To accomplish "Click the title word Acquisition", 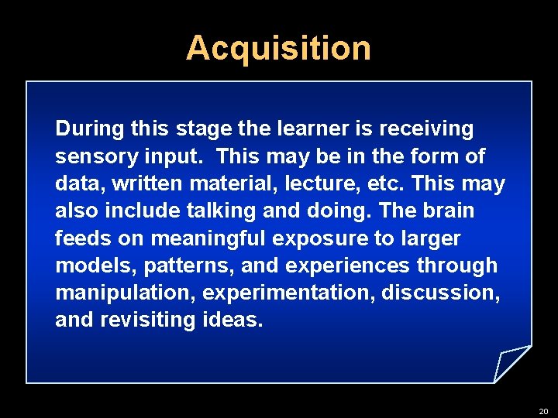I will (x=278, y=48).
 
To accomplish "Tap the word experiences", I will (x=348, y=266).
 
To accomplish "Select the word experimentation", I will (x=288, y=293).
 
